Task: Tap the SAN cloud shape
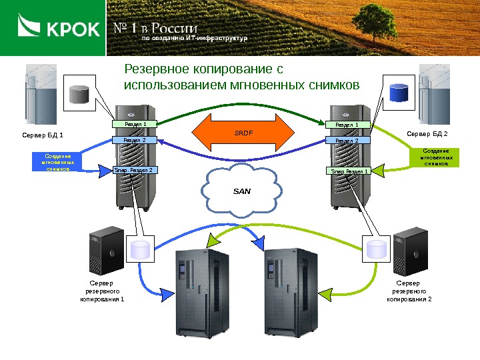point(241,191)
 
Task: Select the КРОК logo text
point(73,29)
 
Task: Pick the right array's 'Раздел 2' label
point(347,141)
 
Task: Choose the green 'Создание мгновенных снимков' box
point(435,157)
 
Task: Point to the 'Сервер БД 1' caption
point(43,136)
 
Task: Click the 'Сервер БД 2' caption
point(427,134)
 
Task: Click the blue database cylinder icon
point(399,93)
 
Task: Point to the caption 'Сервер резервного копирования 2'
point(409,291)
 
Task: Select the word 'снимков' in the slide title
point(335,85)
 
